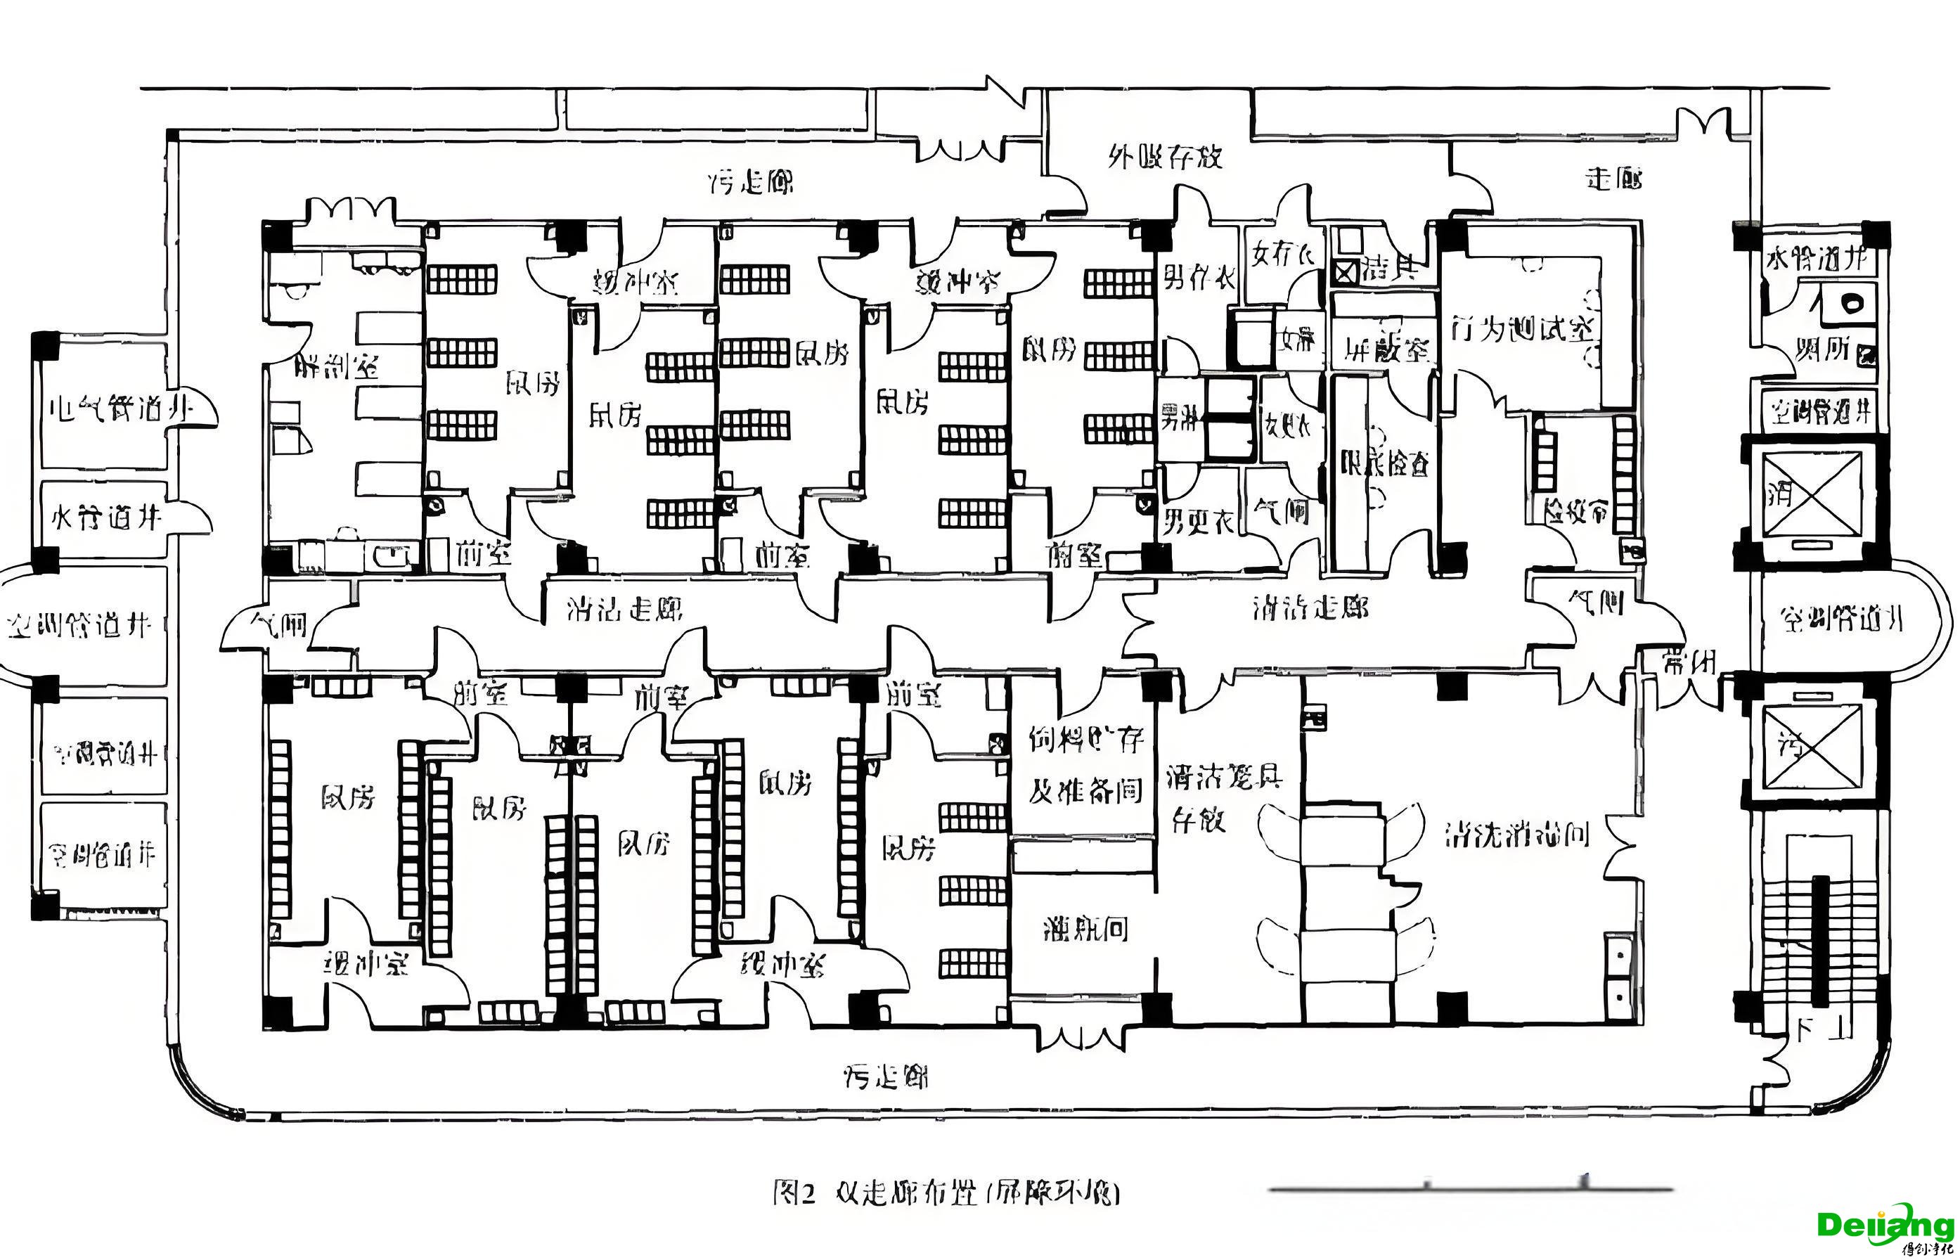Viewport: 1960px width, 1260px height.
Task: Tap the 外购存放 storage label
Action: tap(1165, 156)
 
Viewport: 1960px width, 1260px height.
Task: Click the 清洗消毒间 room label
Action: tap(1516, 835)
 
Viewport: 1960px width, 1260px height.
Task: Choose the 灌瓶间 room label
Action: tap(1085, 929)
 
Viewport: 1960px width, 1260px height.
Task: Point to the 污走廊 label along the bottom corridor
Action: tap(886, 1076)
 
